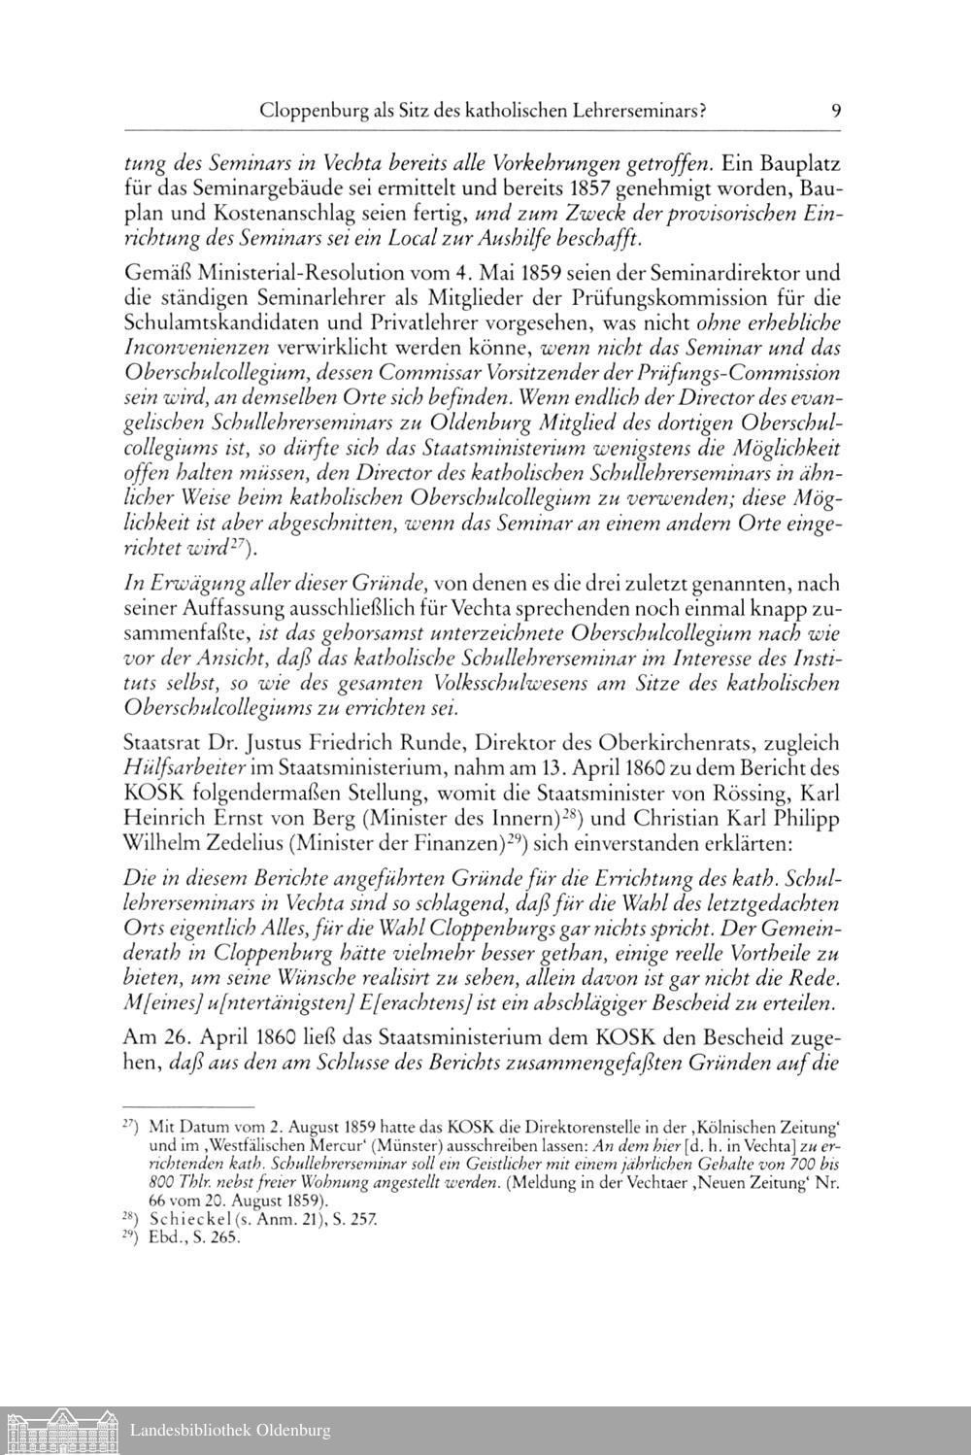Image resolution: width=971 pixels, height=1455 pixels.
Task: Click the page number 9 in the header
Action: click(x=836, y=112)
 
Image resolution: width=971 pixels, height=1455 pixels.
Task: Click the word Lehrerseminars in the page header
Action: click(x=636, y=112)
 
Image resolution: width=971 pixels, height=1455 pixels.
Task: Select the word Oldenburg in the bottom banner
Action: click(x=293, y=1430)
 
